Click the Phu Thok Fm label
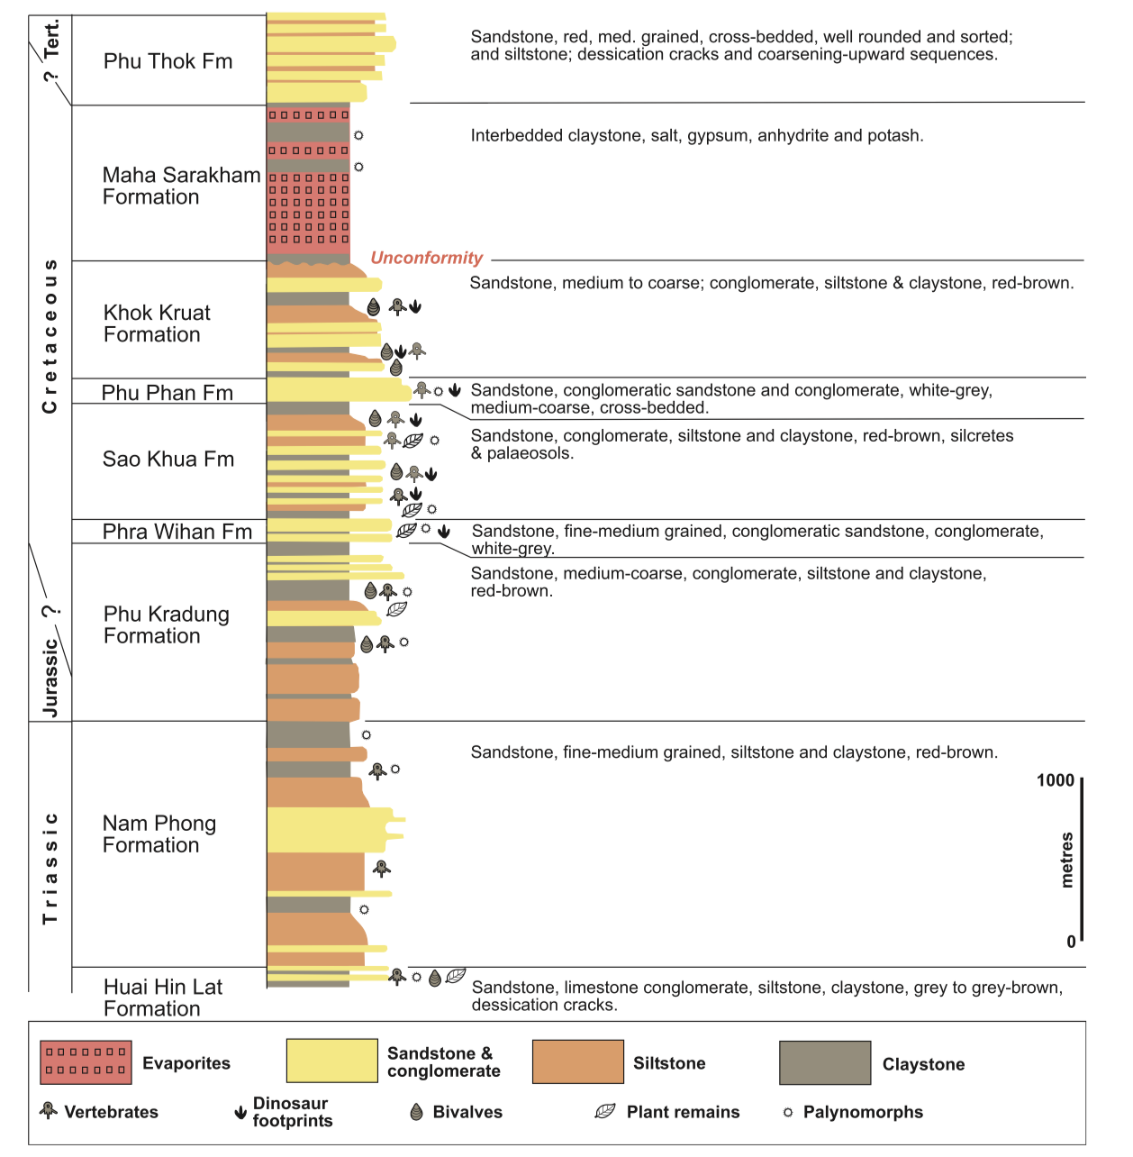tap(168, 61)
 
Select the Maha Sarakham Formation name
tap(180, 187)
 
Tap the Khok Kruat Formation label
tap(157, 323)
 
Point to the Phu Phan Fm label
tap(167, 393)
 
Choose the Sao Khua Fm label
tap(168, 460)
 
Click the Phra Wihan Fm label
tap(177, 532)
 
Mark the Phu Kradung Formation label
tap(166, 625)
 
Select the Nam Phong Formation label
tap(159, 834)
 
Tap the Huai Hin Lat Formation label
tap(162, 998)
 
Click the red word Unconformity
tap(426, 258)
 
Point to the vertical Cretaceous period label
tap(50, 336)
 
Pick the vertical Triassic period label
tap(50, 868)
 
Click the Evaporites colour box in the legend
tap(86, 1062)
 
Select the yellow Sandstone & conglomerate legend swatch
tap(331, 1061)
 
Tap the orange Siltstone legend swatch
tap(577, 1061)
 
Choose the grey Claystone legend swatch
tap(825, 1062)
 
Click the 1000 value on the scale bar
tap(1055, 780)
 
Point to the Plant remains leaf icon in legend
tap(605, 1112)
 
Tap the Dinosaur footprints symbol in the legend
tap(240, 1113)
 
